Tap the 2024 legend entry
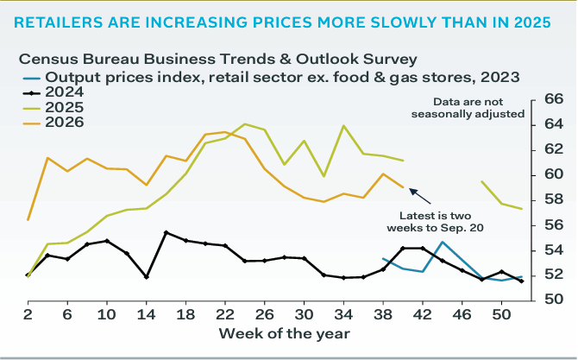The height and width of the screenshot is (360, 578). (53, 92)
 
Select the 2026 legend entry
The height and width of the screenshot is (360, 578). (53, 123)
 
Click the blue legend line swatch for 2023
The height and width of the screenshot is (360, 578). (31, 78)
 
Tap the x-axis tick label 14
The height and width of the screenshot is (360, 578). (146, 314)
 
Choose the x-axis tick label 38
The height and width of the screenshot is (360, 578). (383, 314)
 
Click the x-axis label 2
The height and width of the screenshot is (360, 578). (28, 314)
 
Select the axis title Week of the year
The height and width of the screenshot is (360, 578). (284, 334)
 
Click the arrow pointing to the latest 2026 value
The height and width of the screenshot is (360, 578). (420, 196)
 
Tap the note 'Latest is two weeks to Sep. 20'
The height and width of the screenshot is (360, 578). (435, 222)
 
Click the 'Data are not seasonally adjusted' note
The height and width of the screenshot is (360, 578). (468, 108)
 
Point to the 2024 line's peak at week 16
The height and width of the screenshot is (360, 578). (166, 233)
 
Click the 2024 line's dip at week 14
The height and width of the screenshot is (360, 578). (147, 276)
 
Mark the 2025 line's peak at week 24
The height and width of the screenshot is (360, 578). (245, 124)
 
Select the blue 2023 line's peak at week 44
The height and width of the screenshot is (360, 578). (443, 243)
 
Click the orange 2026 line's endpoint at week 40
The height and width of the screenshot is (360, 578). (403, 187)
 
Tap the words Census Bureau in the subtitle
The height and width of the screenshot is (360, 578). (79, 59)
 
